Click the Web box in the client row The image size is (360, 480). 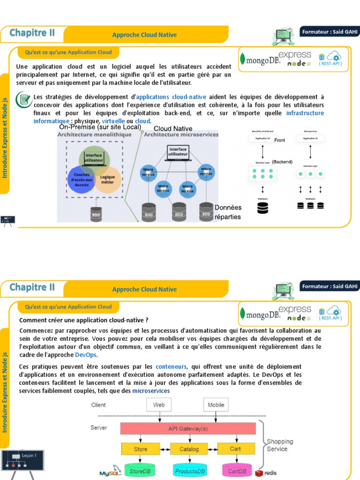coord(159,405)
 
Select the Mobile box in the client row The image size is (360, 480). coord(216,405)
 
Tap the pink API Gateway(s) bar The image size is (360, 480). coord(188,428)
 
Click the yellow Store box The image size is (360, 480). coord(141,449)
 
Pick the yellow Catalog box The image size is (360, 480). coord(189,449)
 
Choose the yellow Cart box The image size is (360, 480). coord(235,449)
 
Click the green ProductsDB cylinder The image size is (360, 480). coord(189,470)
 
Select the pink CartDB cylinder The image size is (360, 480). coord(237,470)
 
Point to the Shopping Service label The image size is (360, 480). coord(279,445)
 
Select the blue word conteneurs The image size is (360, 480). coord(171,366)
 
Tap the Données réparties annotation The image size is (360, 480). coord(228,212)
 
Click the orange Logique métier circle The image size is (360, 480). coord(108,180)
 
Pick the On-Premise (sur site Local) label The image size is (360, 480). coord(100,127)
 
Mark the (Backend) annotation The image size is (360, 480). coord(282,162)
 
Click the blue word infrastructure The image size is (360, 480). coord(305,113)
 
